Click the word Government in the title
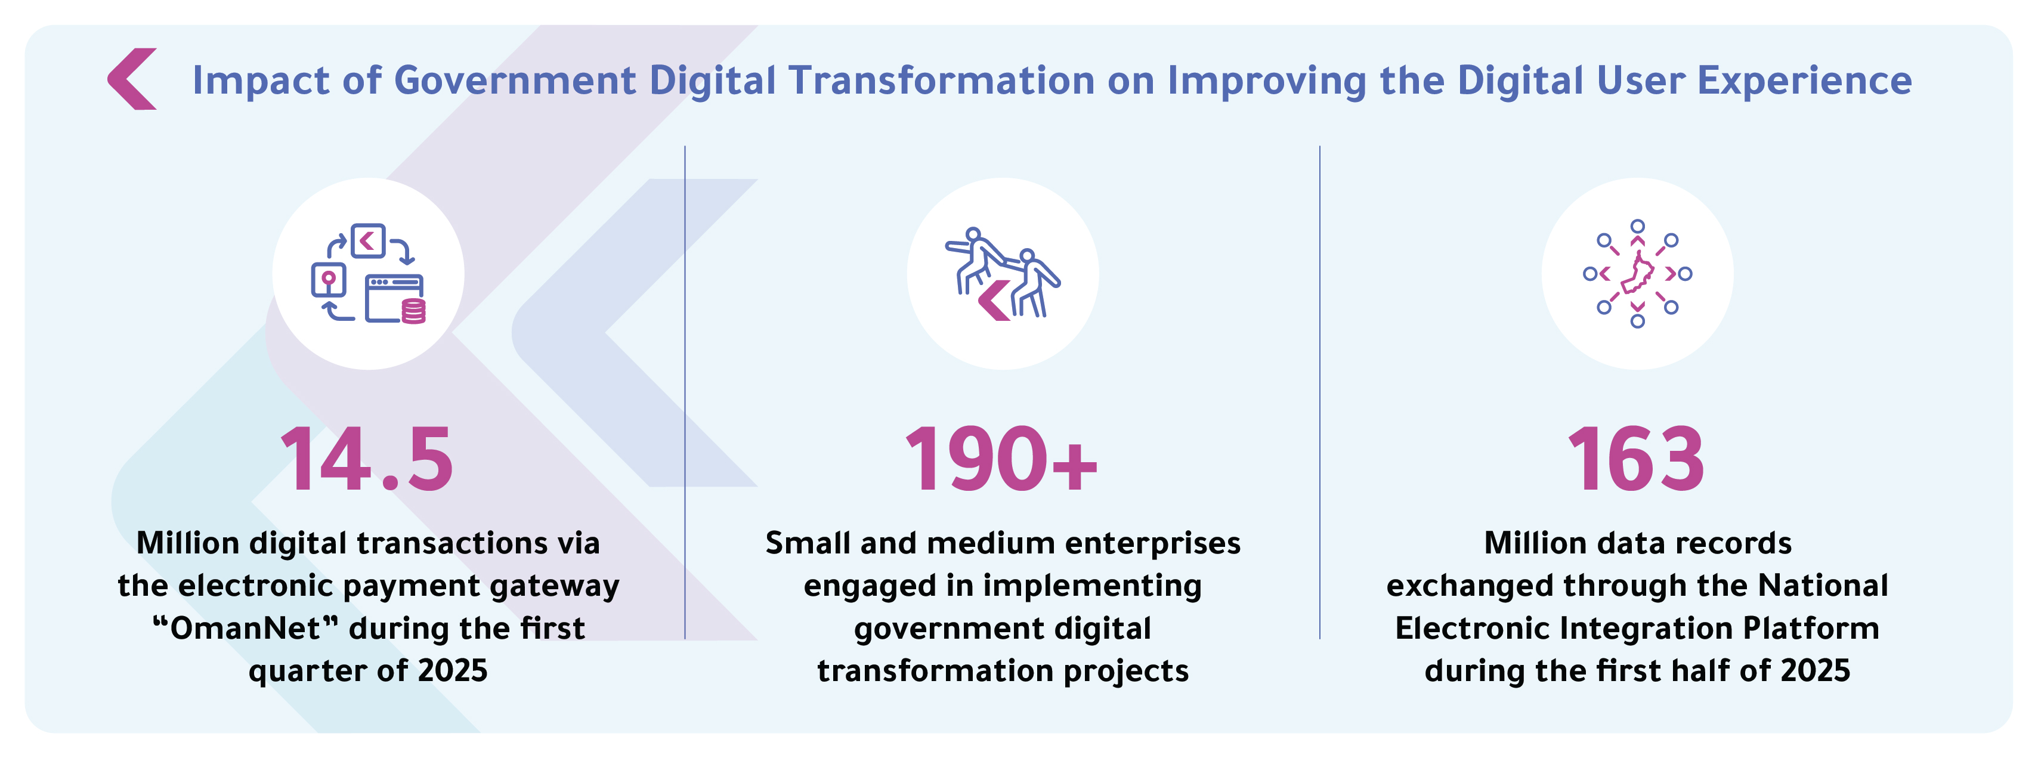515,81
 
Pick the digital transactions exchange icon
369,274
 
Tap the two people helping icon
1003,274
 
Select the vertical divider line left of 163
1320,392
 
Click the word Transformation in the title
942,81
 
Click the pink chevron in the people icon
994,301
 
